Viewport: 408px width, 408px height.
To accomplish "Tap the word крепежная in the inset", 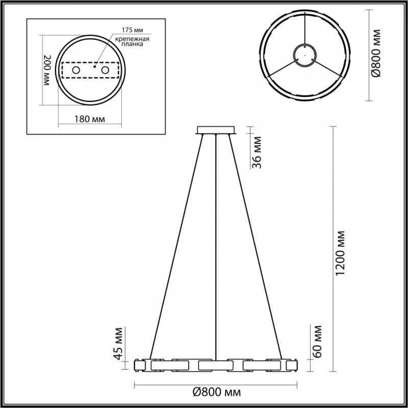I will coord(132,39).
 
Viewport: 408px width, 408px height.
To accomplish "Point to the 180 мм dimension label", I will coord(90,119).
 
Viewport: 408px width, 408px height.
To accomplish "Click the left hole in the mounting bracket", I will coord(76,70).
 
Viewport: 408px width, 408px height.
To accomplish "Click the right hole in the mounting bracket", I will coord(106,70).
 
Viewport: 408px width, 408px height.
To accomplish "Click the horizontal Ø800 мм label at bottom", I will coord(217,392).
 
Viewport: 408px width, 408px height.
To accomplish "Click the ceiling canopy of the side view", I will coord(217,130).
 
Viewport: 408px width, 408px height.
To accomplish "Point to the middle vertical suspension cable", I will coord(217,245).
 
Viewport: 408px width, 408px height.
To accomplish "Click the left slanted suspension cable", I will coord(176,245).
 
